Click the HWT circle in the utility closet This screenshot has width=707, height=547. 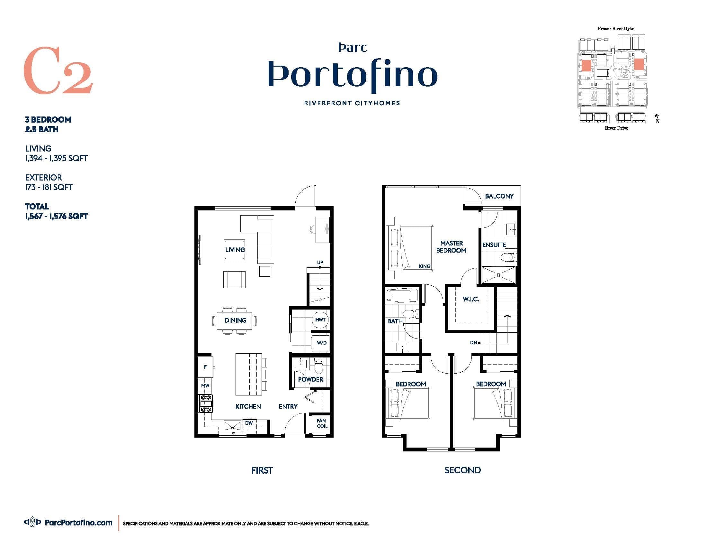click(x=320, y=320)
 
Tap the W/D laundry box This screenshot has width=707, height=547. click(x=321, y=343)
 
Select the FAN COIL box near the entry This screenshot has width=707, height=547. click(x=321, y=423)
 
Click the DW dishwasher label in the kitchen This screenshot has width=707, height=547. click(x=249, y=423)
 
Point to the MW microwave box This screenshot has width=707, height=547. click(x=205, y=385)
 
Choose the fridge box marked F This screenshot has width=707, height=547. click(x=205, y=367)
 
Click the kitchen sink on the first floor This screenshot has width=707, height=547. click(x=232, y=426)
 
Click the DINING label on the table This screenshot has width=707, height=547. click(x=235, y=320)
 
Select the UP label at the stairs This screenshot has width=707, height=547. click(x=320, y=262)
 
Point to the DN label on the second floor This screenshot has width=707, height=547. click(x=473, y=343)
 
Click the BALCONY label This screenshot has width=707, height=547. click(x=499, y=196)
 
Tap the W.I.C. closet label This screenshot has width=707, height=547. click(x=471, y=299)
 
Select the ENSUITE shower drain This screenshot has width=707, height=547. click(x=498, y=275)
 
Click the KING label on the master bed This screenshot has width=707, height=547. click(x=424, y=266)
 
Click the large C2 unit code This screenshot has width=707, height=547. click(x=58, y=70)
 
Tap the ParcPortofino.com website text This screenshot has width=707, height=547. click(x=78, y=522)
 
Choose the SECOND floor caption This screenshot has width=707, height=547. click(x=462, y=470)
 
